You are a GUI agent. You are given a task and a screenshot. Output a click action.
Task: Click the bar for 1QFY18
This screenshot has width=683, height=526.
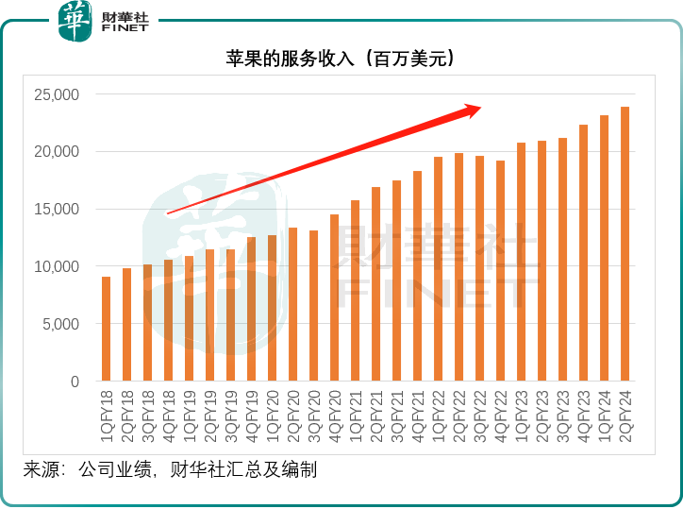[x=106, y=330]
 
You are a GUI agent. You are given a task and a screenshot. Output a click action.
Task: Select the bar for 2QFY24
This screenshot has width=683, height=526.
[x=625, y=245]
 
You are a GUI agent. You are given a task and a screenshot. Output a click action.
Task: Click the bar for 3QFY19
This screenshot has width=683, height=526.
[x=230, y=315]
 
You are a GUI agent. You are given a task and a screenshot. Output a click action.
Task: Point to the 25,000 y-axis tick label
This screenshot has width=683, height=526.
[x=59, y=94]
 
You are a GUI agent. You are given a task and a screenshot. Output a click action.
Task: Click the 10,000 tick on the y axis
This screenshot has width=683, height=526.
[x=59, y=267]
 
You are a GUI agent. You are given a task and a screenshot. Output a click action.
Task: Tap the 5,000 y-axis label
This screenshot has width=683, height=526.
[x=63, y=325]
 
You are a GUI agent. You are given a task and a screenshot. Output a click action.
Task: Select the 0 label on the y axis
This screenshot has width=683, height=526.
[x=76, y=382]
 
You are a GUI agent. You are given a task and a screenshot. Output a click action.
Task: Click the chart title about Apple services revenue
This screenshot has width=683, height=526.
[x=341, y=59]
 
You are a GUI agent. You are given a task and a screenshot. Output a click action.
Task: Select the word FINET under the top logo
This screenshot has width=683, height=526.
[x=125, y=29]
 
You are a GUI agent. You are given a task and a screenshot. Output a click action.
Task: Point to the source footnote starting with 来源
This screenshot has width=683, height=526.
[x=170, y=469]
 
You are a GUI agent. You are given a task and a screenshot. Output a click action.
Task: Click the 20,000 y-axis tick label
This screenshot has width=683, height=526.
[x=59, y=152]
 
